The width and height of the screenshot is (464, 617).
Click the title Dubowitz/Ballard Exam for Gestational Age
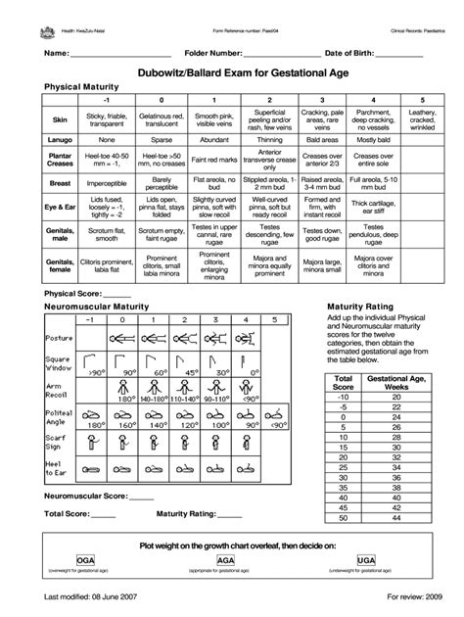click(x=232, y=71)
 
